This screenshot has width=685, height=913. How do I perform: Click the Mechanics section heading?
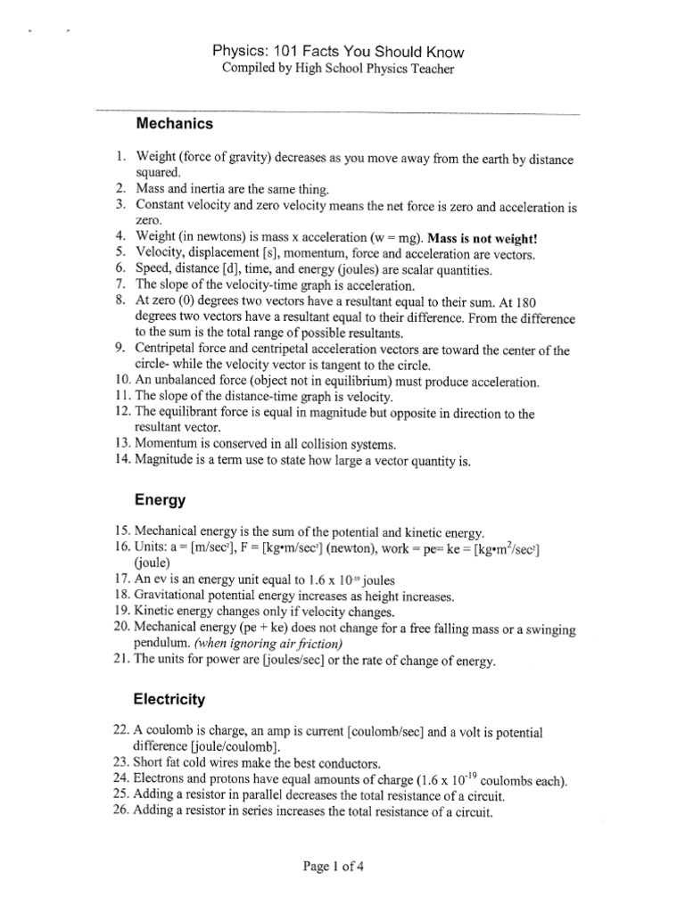174,123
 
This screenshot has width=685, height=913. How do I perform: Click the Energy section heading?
160,501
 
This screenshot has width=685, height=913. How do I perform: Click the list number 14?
123,460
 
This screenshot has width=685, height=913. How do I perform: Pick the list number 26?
123,812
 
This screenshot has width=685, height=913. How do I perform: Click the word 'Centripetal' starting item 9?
170,350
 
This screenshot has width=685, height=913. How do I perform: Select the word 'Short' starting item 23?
153,763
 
